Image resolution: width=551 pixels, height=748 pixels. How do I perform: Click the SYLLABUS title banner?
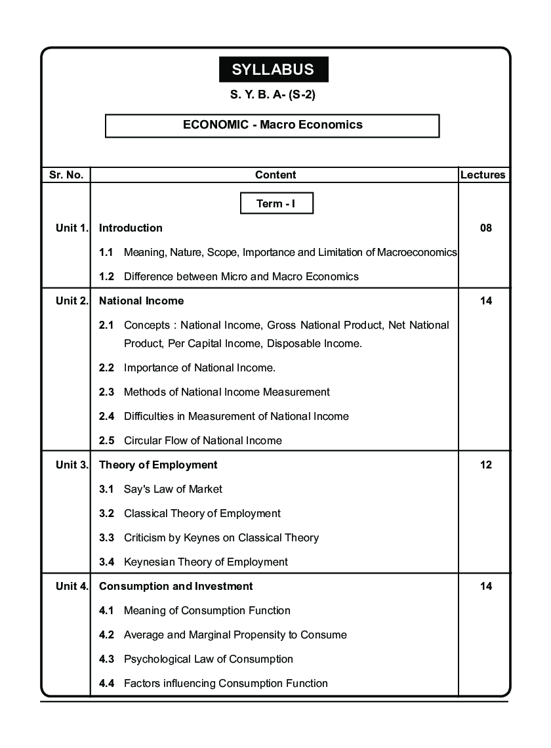coord(273,70)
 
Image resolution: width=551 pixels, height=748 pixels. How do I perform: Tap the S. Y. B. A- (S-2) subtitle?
coord(274,95)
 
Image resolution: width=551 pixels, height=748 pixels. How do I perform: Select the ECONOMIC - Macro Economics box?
coord(272,125)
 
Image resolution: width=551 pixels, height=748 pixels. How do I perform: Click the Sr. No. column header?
coord(66,175)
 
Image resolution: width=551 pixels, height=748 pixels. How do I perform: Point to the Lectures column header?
coord(483,175)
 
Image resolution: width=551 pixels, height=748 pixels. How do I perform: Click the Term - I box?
coord(276,203)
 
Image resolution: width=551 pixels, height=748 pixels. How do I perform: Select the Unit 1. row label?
coord(71,228)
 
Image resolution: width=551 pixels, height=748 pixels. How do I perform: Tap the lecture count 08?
coord(485,228)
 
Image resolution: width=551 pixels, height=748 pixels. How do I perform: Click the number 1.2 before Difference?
coord(106,276)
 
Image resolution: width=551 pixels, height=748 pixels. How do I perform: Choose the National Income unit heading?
coord(141,301)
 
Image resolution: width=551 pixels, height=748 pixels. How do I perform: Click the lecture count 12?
coord(485,465)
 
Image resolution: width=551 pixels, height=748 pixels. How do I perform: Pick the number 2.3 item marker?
coord(106,392)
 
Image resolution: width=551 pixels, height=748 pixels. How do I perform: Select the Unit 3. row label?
coord(71,465)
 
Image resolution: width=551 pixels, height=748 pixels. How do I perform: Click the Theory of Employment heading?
coord(158,465)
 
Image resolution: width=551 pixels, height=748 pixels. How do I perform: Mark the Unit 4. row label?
coord(71,586)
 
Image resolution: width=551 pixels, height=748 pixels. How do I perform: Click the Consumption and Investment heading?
coord(176,586)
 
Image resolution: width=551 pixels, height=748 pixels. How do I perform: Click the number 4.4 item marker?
coord(106,683)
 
